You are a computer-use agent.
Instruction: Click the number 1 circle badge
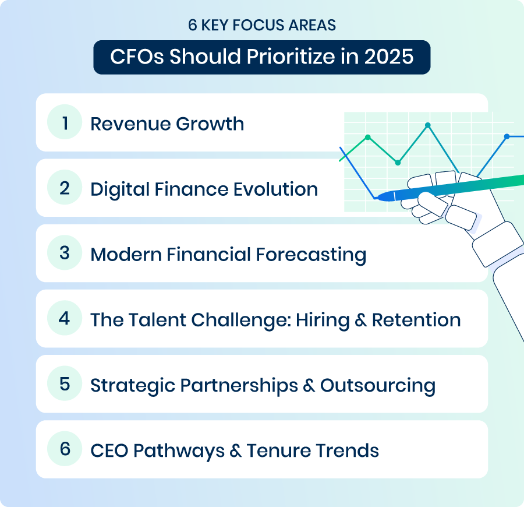pyautogui.click(x=65, y=122)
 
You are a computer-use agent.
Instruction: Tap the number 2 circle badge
pyautogui.click(x=65, y=187)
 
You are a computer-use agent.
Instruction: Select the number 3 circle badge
pyautogui.click(x=65, y=252)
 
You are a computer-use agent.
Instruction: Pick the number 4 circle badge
pyautogui.click(x=65, y=318)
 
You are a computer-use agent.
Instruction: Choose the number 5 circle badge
pyautogui.click(x=65, y=383)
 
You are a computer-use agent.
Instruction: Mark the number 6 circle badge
pyautogui.click(x=65, y=449)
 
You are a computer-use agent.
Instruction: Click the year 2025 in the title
pyautogui.click(x=389, y=57)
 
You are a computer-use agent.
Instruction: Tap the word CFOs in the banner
pyautogui.click(x=137, y=57)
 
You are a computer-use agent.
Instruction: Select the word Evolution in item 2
pyautogui.click(x=275, y=189)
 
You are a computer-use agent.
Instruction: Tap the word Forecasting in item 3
pyautogui.click(x=311, y=255)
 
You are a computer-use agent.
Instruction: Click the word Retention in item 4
pyautogui.click(x=416, y=320)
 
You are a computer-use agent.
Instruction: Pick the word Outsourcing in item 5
pyautogui.click(x=378, y=385)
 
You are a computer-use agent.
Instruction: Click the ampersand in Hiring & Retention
pyautogui.click(x=361, y=320)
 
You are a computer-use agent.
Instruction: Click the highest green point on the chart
pyautogui.click(x=428, y=125)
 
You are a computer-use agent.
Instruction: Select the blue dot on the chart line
pyautogui.click(x=507, y=136)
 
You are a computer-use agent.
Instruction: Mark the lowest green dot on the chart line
pyautogui.click(x=398, y=163)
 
